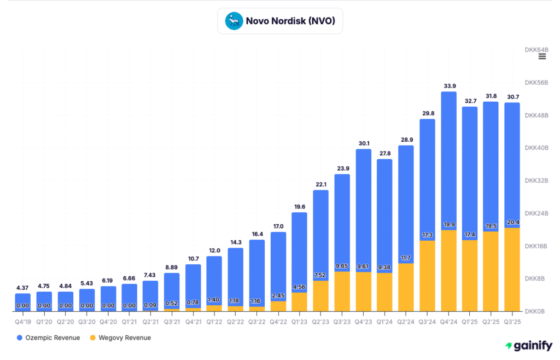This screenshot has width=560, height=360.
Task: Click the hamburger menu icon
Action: tap(542, 56)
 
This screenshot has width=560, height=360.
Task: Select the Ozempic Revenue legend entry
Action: tap(48, 338)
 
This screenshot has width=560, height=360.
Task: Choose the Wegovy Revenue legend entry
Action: tap(120, 338)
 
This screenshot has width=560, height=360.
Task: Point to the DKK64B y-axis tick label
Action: tap(536, 50)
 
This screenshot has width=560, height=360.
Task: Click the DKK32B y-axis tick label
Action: tap(536, 181)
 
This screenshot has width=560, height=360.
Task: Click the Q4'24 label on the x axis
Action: tap(448, 321)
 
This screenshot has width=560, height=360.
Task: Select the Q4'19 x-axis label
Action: tap(23, 321)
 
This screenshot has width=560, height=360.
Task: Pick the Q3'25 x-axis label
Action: tap(512, 321)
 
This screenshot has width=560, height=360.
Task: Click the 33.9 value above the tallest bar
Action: tap(448, 85)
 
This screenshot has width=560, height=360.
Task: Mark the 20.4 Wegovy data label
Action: tap(512, 222)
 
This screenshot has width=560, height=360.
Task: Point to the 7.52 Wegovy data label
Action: tap(321, 275)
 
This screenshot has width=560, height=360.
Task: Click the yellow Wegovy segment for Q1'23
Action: tap(300, 303)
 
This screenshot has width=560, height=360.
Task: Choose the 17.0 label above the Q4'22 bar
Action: tap(278, 226)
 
